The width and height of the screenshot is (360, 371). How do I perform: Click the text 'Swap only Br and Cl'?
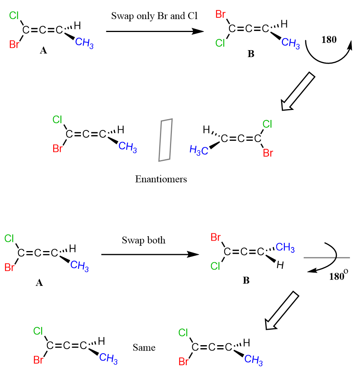(x=154, y=16)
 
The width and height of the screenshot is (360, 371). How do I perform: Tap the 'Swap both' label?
(x=144, y=240)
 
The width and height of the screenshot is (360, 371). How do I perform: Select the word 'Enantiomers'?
(x=161, y=179)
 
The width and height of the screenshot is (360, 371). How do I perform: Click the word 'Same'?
(x=144, y=347)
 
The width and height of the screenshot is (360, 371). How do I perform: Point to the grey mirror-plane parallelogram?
(x=165, y=139)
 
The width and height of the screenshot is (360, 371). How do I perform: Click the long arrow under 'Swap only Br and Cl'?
(x=154, y=31)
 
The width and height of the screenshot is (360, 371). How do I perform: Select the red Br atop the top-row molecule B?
(x=221, y=15)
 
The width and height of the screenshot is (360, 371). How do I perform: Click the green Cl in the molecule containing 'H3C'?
(x=267, y=124)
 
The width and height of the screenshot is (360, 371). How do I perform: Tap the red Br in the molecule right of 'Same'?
(x=184, y=362)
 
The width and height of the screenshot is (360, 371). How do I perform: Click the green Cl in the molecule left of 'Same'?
(x=38, y=331)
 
